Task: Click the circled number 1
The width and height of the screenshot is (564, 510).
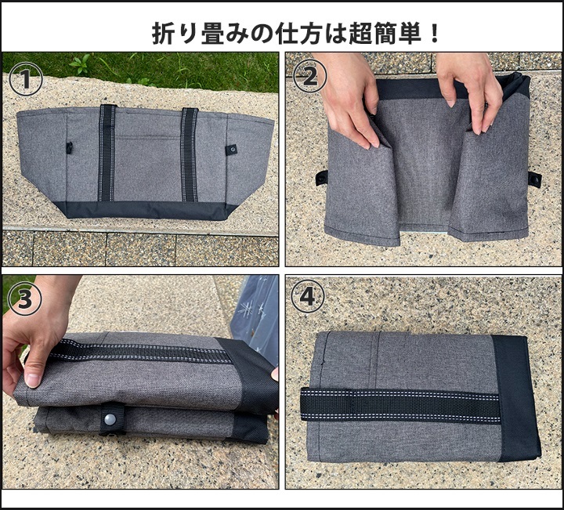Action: click(x=26, y=79)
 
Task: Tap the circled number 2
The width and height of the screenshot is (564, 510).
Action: click(x=310, y=76)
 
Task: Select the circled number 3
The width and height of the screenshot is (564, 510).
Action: click(x=25, y=298)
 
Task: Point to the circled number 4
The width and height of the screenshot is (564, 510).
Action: click(x=308, y=298)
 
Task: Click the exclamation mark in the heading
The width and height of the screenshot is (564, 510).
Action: click(x=435, y=33)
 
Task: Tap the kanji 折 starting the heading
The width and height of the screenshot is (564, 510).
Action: click(x=163, y=34)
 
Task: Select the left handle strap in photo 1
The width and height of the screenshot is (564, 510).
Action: click(x=107, y=154)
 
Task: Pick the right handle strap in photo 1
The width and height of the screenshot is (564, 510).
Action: click(x=190, y=154)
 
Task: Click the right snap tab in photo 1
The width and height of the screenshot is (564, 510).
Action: click(x=232, y=150)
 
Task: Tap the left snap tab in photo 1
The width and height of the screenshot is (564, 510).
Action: click(x=69, y=148)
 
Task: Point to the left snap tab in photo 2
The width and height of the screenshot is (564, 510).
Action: click(x=322, y=178)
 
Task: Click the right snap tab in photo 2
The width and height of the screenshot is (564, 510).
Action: click(x=535, y=179)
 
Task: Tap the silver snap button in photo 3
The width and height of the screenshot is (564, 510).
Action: click(x=110, y=419)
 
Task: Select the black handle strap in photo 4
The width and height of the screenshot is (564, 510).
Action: click(x=400, y=405)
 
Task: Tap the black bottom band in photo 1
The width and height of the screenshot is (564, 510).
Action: click(x=146, y=211)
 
